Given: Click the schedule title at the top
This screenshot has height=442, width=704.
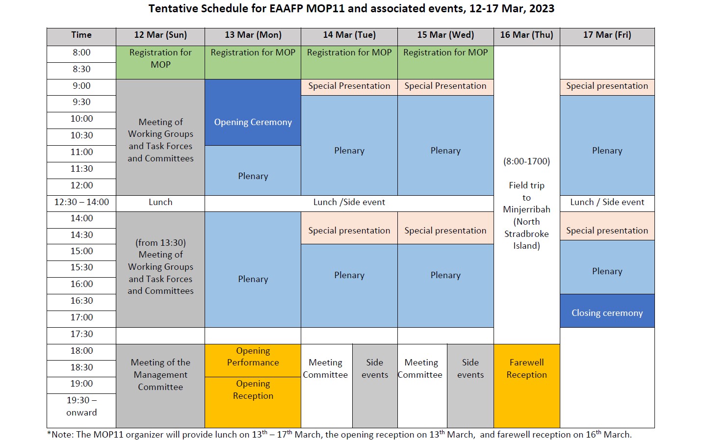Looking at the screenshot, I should [x=351, y=9].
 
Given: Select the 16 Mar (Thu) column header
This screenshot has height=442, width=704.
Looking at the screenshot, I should [x=526, y=35].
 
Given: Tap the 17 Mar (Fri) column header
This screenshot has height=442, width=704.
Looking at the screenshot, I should [x=607, y=35].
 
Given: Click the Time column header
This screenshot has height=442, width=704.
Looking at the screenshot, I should [x=81, y=35].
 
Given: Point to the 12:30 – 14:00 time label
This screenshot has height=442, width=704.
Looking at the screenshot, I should [x=81, y=202].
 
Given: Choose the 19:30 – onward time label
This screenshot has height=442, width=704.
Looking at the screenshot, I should [x=81, y=407].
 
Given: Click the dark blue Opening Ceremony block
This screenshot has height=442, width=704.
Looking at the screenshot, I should [x=253, y=122].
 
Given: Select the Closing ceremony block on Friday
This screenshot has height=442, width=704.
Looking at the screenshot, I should [x=607, y=313].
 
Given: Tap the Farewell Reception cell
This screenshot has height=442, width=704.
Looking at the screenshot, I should [x=526, y=369].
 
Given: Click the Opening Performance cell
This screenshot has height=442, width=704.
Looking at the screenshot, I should [x=253, y=357].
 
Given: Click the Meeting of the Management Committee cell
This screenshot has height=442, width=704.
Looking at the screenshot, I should [x=160, y=375].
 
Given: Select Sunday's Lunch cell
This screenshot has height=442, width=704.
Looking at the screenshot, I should [x=160, y=202].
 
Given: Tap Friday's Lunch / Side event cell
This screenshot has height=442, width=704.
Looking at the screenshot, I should [x=607, y=202].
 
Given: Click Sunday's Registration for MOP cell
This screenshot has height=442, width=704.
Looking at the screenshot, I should [x=160, y=59].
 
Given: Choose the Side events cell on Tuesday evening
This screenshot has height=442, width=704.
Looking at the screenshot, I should [x=375, y=369].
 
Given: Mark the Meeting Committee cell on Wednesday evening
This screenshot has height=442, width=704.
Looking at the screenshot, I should [x=421, y=369].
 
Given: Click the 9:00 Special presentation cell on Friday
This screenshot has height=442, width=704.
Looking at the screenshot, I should [x=607, y=86].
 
